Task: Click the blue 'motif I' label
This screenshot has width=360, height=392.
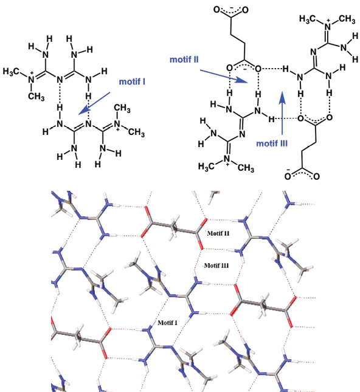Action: click(132, 82)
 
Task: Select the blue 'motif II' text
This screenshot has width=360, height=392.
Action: click(184, 60)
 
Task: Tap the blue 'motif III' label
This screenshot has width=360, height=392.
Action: click(272, 143)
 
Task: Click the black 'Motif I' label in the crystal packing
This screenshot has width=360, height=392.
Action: click(167, 323)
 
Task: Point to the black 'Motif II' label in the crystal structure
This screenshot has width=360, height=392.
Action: click(218, 233)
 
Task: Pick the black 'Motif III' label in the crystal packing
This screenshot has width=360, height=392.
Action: click(216, 265)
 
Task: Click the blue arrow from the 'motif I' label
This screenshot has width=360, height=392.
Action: click(94, 103)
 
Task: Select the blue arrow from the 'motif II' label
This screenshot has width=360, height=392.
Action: click(224, 76)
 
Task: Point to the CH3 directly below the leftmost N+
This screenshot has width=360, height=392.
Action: click(36, 96)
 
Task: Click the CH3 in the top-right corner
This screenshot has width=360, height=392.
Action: click(347, 19)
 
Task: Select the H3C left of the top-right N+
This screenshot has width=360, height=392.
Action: click(308, 19)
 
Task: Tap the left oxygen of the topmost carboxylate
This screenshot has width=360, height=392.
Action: click(216, 10)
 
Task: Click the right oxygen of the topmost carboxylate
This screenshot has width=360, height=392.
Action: click(245, 10)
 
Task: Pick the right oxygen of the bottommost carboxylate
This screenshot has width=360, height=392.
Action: click(316, 176)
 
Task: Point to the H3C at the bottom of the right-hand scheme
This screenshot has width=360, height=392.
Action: click(207, 167)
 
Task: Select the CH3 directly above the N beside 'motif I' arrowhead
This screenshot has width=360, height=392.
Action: click(122, 108)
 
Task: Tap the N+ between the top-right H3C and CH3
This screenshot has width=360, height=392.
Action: click(328, 26)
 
